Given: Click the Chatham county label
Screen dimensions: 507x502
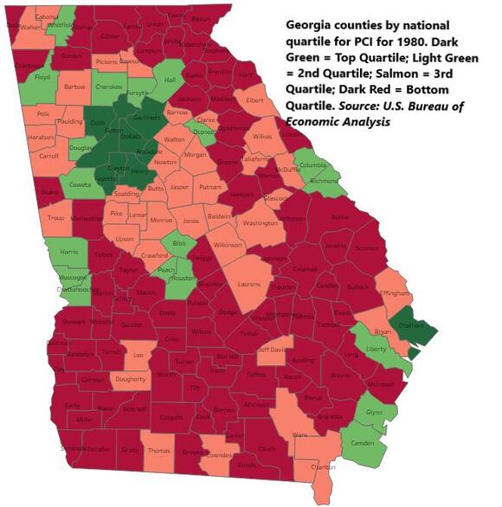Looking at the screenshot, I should coord(412,326).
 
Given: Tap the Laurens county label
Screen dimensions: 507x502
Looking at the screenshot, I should coord(250,283).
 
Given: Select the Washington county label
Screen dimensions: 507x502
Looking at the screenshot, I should coord(260,223).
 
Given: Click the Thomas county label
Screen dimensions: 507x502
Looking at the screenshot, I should coord(158,451).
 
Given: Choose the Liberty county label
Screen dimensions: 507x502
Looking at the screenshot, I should coord(376,350).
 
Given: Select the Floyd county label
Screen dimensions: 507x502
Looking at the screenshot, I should coord(42,77).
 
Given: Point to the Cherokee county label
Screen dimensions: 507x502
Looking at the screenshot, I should coord(108,87).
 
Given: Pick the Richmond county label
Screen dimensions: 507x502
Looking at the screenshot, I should coord(325,182).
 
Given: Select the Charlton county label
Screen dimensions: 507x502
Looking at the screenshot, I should coord(323,467).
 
